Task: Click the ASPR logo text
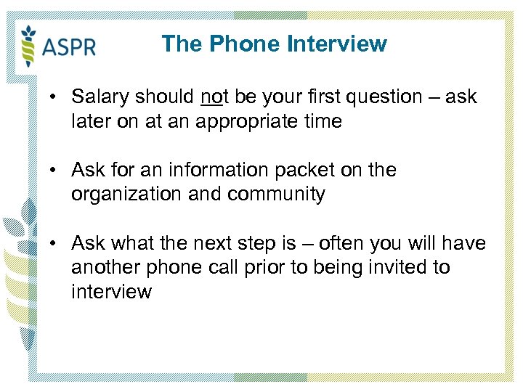(69, 47)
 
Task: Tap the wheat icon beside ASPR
(29, 44)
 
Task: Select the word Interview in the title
(336, 44)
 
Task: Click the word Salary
(102, 97)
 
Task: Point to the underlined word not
(213, 97)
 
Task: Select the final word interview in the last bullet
(112, 292)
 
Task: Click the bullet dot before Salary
(54, 97)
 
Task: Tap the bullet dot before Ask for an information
(54, 171)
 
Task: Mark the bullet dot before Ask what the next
(54, 244)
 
